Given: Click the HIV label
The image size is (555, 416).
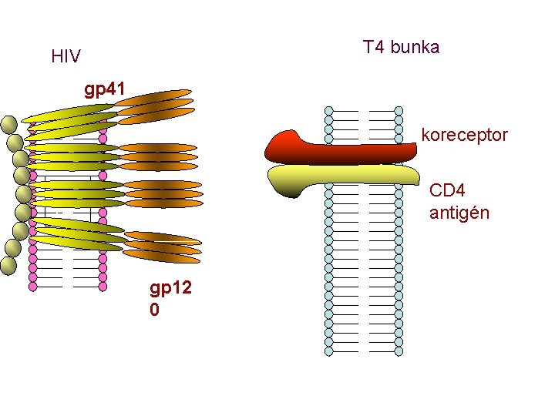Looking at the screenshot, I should (66, 56).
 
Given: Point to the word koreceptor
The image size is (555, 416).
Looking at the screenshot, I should (464, 135).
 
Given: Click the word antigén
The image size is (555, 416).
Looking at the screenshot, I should (459, 212).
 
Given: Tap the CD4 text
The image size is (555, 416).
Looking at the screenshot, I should (447, 190).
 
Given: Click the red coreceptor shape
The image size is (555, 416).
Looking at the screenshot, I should (339, 149).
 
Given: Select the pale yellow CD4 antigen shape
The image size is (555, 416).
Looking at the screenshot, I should (339, 178).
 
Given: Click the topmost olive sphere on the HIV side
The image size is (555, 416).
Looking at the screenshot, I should (9, 124).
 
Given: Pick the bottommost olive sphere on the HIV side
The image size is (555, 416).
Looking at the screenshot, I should (8, 267).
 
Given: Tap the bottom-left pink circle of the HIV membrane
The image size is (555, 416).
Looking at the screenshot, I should (32, 286).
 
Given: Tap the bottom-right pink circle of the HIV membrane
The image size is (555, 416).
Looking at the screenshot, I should (103, 286).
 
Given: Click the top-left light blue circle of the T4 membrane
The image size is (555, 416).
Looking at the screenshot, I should (329, 111).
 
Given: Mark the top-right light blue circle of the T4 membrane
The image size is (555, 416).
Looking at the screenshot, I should (399, 111).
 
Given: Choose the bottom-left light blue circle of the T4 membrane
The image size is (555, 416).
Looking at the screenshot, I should (329, 351).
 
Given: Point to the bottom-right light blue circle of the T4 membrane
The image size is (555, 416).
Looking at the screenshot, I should (399, 351).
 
